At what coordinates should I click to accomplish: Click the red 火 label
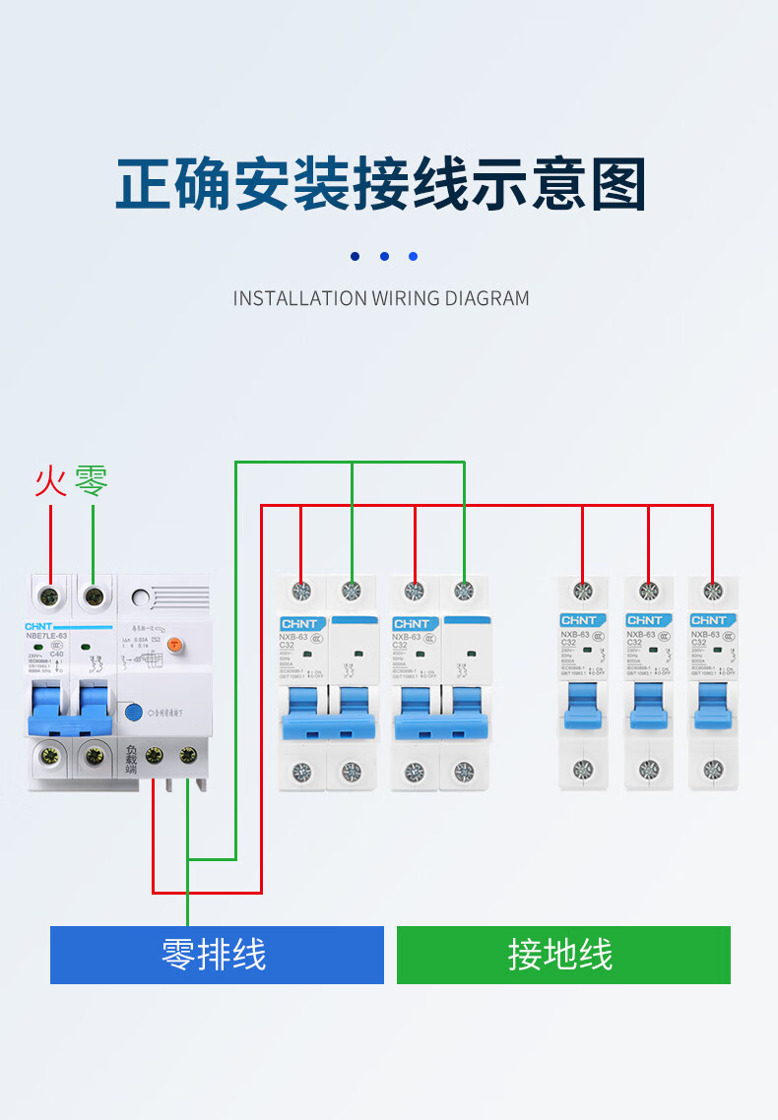50,481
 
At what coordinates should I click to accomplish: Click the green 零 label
92,481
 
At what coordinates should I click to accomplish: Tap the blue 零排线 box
217,955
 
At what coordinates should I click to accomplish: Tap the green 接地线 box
563,955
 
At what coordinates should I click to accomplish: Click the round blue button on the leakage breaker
133,712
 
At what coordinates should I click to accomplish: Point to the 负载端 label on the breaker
131,759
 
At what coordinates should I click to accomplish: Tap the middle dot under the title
384,257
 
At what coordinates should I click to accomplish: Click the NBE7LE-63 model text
47,637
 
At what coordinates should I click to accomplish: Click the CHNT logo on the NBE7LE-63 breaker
39,626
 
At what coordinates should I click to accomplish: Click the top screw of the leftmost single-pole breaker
582,591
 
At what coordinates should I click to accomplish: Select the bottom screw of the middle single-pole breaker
648,770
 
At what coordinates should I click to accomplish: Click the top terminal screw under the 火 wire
49,595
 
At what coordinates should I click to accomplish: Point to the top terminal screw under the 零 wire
94,595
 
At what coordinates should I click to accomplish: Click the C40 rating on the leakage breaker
56,655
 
